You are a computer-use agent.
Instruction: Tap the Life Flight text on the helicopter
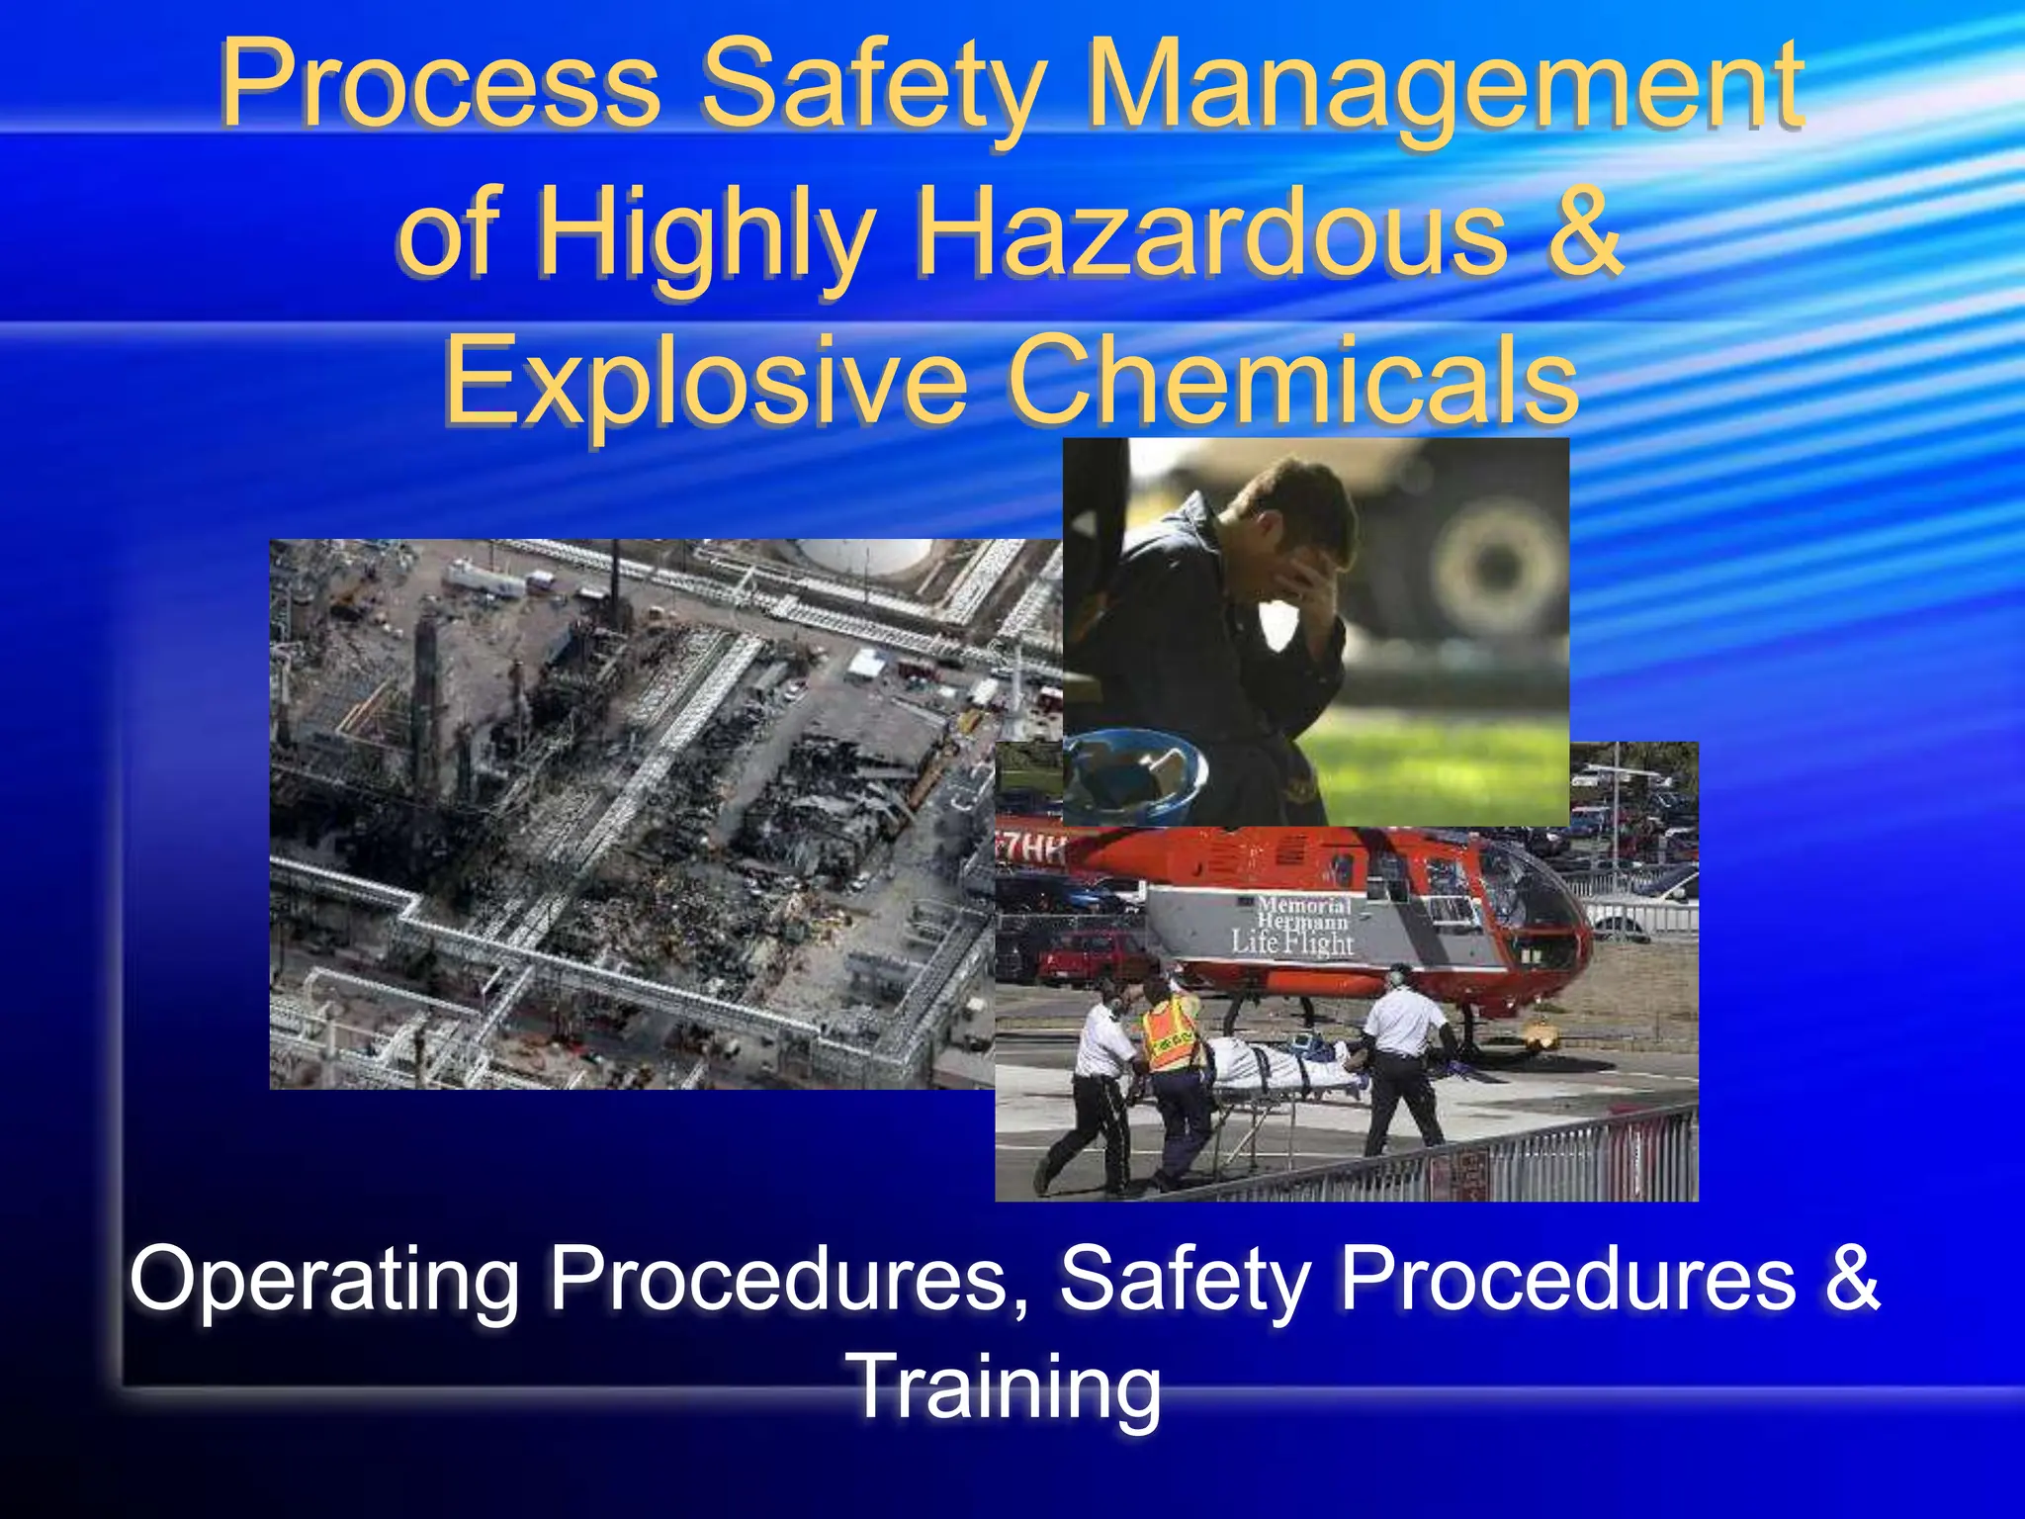click(1292, 942)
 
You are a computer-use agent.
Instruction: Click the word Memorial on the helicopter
click(1303, 905)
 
